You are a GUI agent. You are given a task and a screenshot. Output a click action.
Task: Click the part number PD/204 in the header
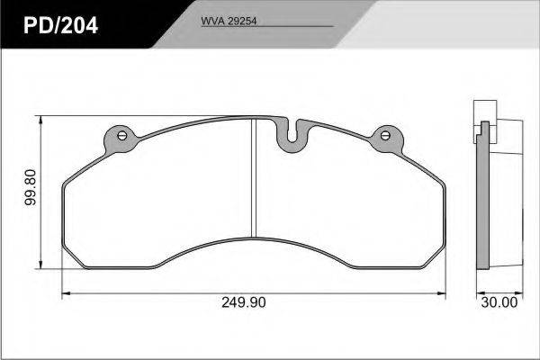click(x=60, y=25)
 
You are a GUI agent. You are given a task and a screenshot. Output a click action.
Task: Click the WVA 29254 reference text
click(x=229, y=21)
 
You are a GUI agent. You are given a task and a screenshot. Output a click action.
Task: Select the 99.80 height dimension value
click(x=31, y=187)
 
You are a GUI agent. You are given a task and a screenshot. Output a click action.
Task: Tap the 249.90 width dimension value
click(x=244, y=302)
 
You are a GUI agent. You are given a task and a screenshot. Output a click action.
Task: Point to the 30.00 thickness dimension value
click(x=499, y=302)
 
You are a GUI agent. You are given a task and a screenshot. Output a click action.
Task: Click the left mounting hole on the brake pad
click(x=121, y=135)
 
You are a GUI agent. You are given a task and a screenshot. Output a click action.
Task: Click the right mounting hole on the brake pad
click(x=385, y=135)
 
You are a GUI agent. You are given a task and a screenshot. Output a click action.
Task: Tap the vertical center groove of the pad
click(x=254, y=178)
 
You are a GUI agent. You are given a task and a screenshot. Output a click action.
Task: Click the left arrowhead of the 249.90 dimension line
click(x=66, y=293)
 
